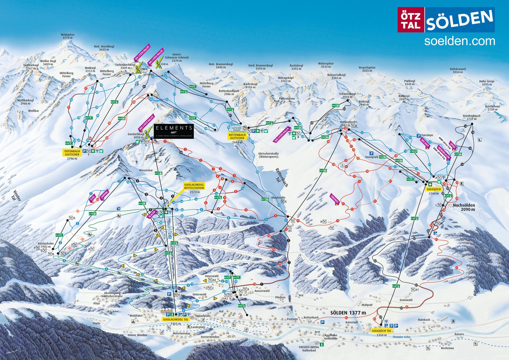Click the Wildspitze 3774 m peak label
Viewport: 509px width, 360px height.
(x=67, y=36)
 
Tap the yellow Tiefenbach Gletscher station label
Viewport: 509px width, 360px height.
(x=72, y=153)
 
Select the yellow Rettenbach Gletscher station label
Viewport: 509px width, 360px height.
(x=237, y=136)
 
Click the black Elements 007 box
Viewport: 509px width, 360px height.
(x=174, y=131)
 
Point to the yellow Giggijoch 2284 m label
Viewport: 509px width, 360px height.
(x=434, y=189)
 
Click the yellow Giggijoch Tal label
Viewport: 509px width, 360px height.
(x=381, y=331)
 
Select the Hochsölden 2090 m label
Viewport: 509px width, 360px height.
(x=464, y=207)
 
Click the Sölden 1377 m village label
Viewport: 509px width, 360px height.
(x=348, y=313)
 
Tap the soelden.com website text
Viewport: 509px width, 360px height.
(x=459, y=41)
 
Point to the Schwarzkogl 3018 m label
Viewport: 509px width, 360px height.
(x=347, y=96)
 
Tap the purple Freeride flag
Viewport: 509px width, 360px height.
(x=335, y=199)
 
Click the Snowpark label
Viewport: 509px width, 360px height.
(x=372, y=157)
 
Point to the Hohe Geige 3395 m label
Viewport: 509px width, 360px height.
(x=487, y=83)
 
